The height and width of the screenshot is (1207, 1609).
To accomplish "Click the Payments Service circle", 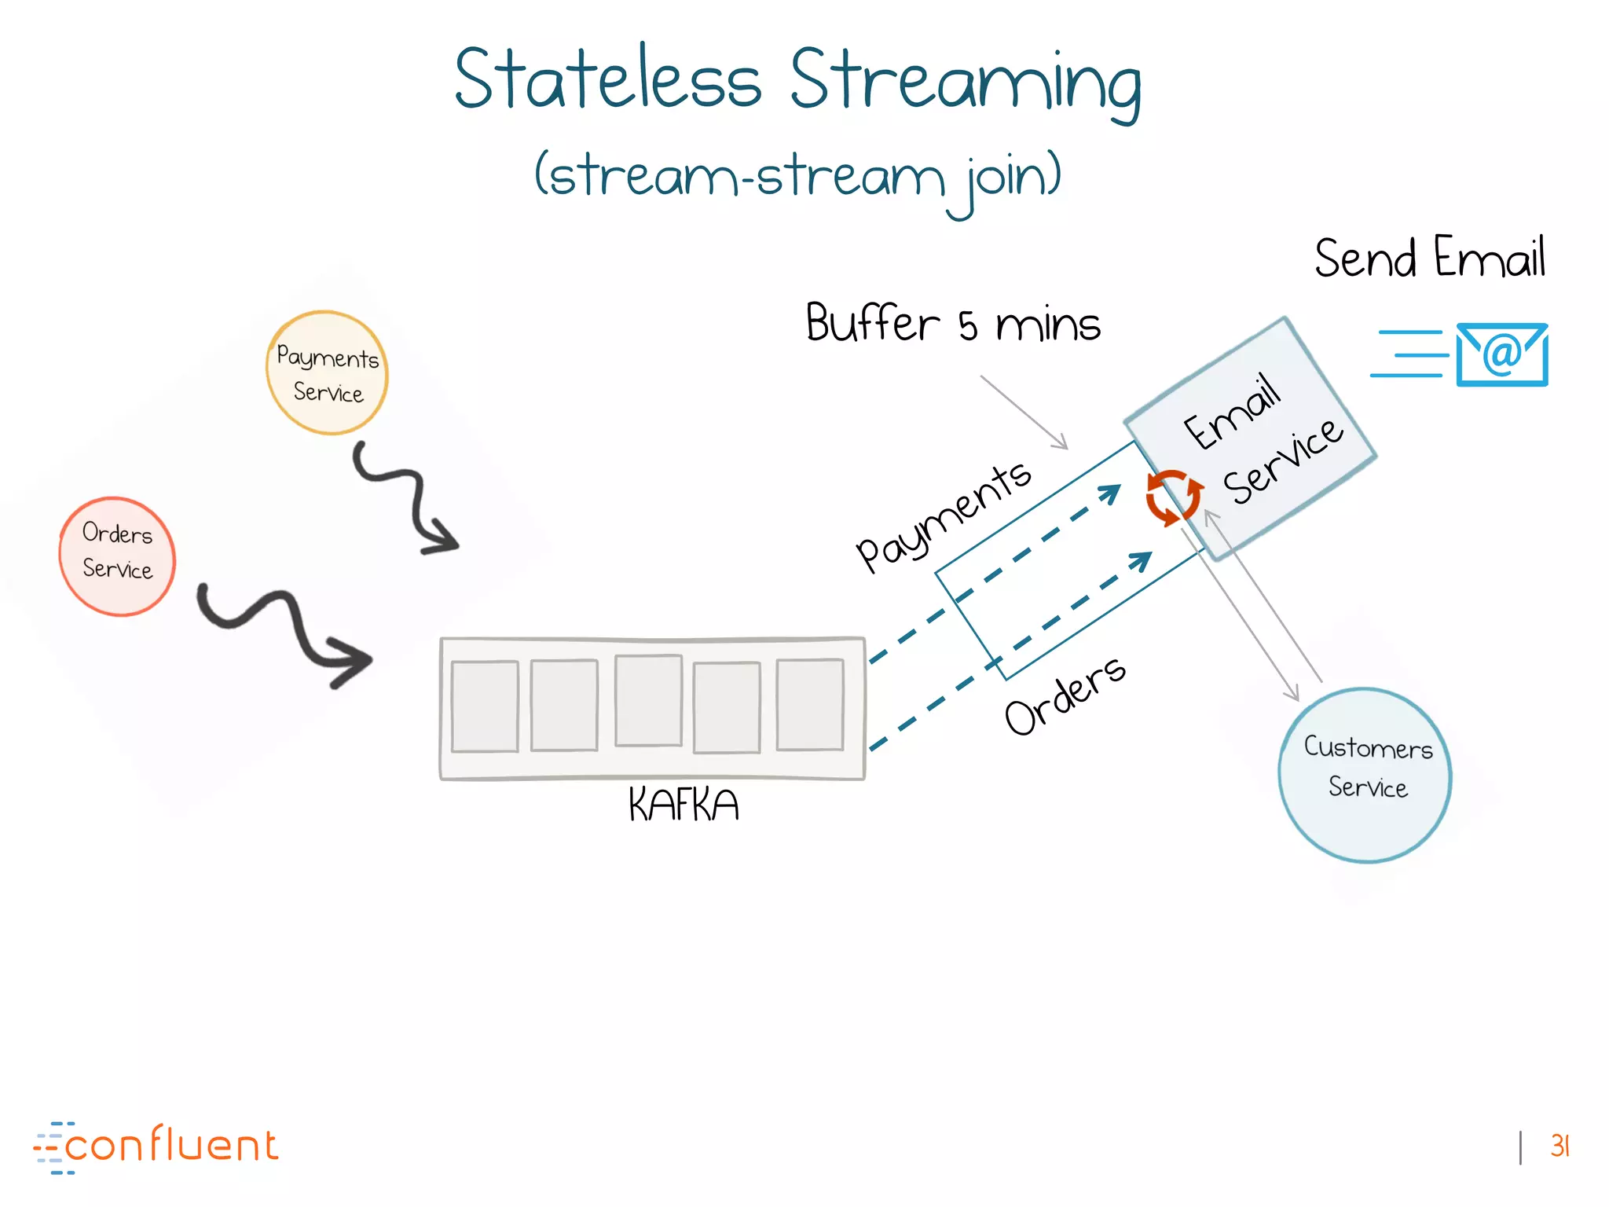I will pos(327,373).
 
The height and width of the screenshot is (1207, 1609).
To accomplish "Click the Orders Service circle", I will pos(117,556).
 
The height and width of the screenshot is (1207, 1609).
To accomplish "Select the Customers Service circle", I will pos(1365,775).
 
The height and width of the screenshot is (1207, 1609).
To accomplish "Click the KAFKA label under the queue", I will pos(684,805).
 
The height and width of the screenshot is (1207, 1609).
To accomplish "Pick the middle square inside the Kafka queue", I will pos(648,700).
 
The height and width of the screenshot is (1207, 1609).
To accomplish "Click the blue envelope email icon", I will pos(1501,354).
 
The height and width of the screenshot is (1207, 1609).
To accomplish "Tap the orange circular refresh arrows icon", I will pos(1174,497).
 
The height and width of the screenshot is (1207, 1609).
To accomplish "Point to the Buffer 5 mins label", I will pos(953,323).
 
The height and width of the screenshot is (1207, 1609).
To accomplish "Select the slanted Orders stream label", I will pos(1065,695).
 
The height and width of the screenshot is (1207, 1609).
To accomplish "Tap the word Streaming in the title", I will pos(966,83).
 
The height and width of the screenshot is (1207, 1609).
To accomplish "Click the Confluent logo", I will pos(157,1146).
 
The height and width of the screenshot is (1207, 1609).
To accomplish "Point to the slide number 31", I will pos(1560,1146).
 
